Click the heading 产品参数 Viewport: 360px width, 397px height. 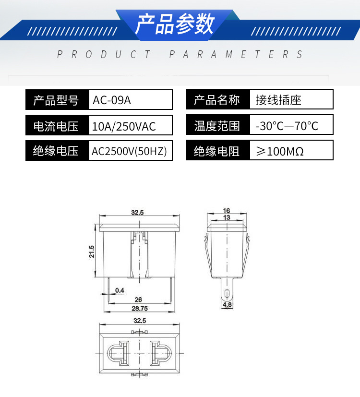pyautogui.click(x=175, y=24)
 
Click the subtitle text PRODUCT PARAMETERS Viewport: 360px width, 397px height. pyautogui.click(x=180, y=54)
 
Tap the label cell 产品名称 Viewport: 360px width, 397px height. pyautogui.click(x=217, y=100)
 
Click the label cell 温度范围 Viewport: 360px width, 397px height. pyautogui.click(x=217, y=127)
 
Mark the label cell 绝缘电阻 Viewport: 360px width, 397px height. pyautogui.click(x=217, y=152)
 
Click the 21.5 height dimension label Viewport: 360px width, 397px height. pyautogui.click(x=92, y=252)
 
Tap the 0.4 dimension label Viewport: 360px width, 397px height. pyautogui.click(x=120, y=290)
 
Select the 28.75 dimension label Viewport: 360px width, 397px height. pyautogui.click(x=139, y=308)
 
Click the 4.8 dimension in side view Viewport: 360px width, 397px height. pyautogui.click(x=227, y=304)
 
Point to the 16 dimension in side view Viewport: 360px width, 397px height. pyautogui.click(x=227, y=211)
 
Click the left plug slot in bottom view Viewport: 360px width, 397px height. pyautogui.click(x=118, y=354)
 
